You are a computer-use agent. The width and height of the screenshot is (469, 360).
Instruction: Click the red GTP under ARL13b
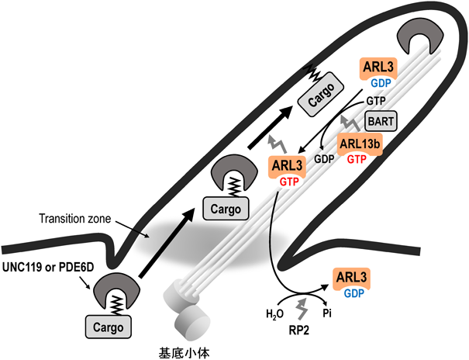pos(357,158)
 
